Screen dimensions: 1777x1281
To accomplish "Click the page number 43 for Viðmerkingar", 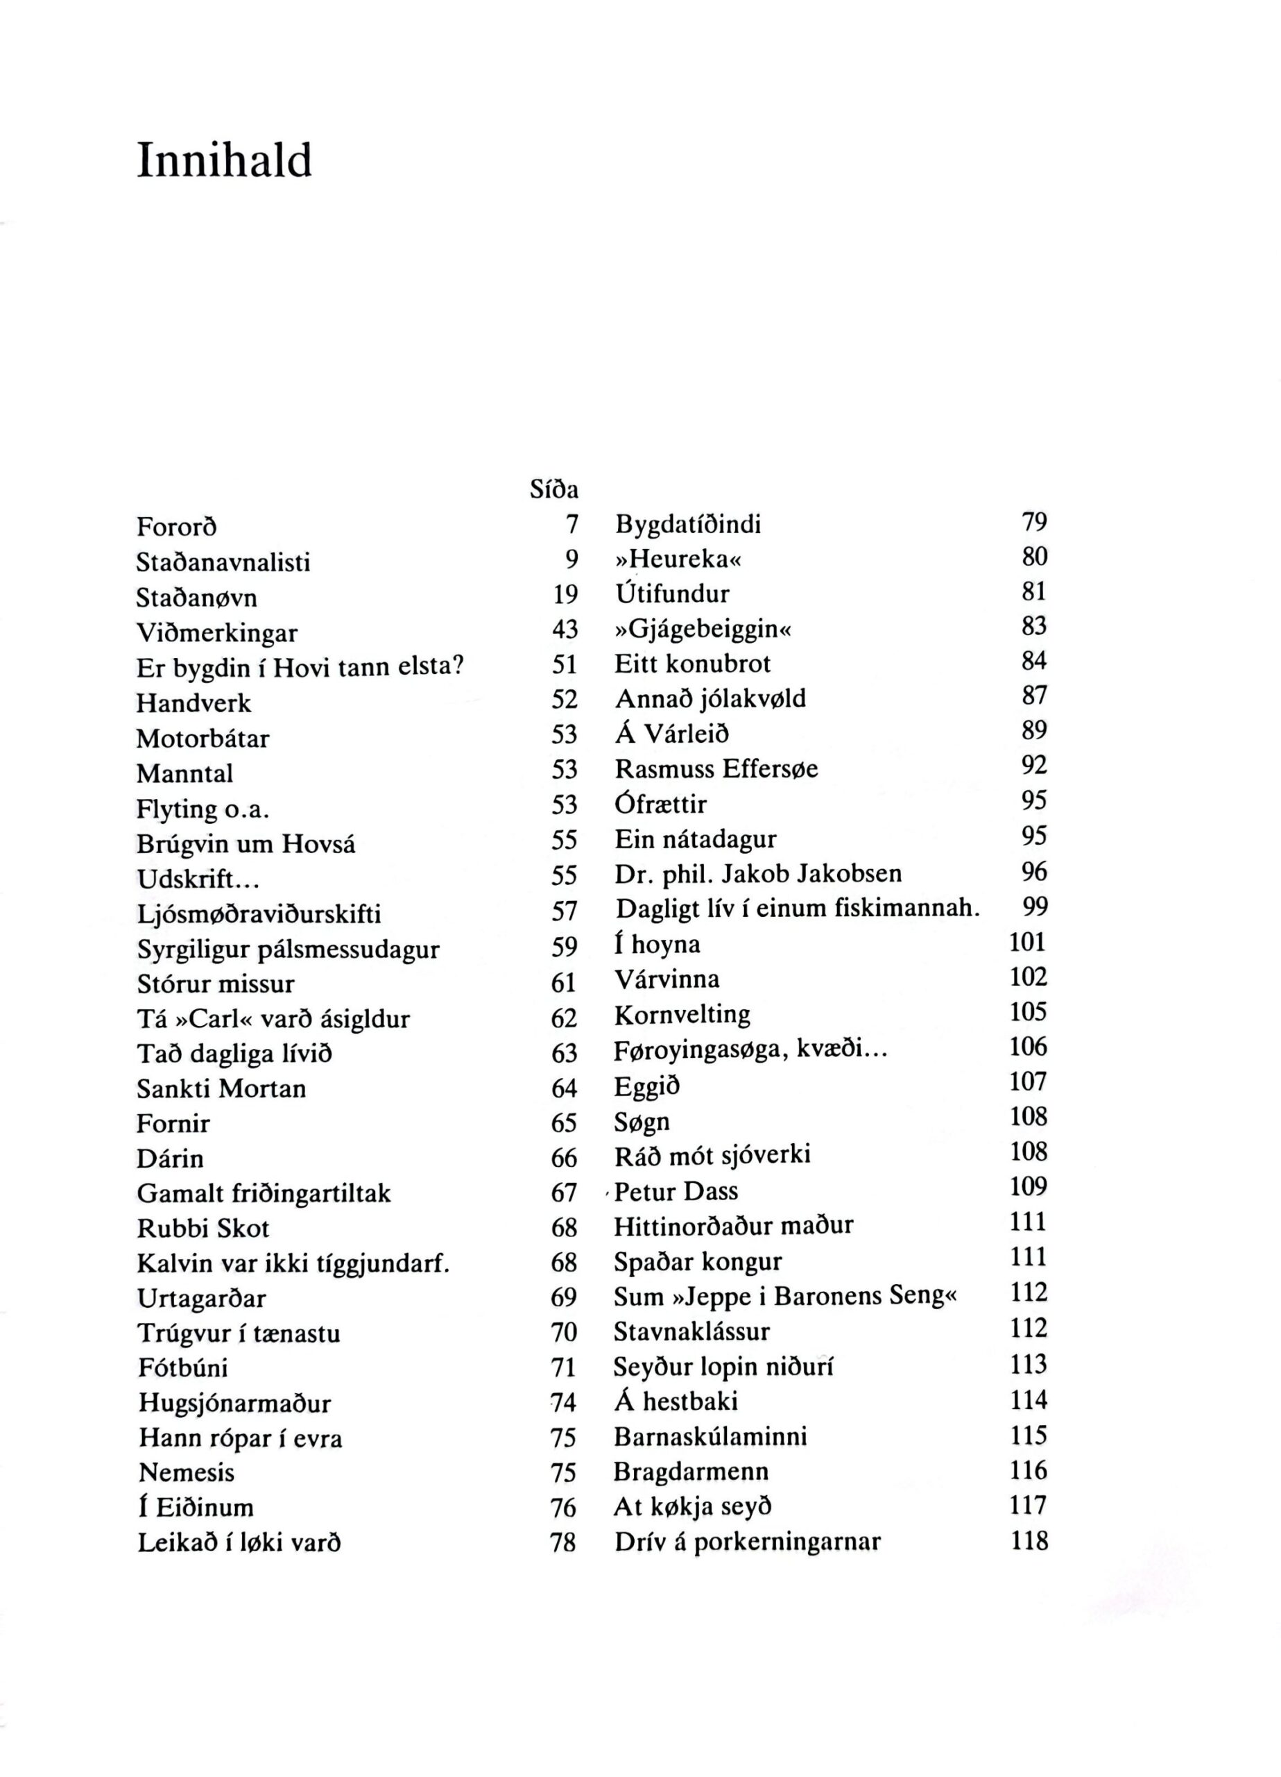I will pos(565,630).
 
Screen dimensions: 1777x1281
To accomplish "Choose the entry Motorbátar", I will pos(203,738).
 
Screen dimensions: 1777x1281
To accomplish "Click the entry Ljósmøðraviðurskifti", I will pos(259,913).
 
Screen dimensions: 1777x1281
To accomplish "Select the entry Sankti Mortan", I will pos(221,1088).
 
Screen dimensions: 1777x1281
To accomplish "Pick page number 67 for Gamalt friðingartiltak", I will pos(564,1193).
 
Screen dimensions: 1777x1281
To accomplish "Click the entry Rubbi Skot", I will pos(204,1228).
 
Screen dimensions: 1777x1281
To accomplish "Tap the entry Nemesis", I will pos(187,1472).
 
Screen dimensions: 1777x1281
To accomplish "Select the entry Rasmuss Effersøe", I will pos(716,768).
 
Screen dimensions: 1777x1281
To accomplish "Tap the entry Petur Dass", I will pos(676,1192).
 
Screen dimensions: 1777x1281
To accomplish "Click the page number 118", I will pos(1028,1541).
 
